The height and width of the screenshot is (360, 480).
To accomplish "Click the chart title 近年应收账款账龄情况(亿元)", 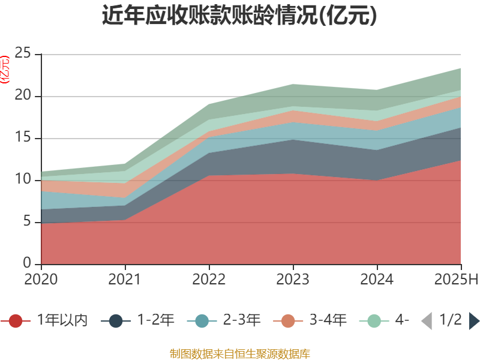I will [239, 16].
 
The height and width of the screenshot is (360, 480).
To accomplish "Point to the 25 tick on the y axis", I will [23, 54].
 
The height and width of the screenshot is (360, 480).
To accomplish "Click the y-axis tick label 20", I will [23, 96].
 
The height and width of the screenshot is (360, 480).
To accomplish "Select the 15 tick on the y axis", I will [23, 138].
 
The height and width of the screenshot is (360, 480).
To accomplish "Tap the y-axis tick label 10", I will [23, 180].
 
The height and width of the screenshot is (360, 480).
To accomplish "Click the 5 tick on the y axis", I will [28, 222].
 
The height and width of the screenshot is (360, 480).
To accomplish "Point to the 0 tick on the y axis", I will [28, 264].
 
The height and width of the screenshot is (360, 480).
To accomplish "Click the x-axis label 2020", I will [41, 280].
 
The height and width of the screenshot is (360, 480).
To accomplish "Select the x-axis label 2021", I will [125, 280].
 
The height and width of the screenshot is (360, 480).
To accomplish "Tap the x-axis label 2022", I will [209, 280].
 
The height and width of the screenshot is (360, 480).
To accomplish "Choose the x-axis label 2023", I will [293, 280].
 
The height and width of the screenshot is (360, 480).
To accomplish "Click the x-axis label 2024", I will [377, 280].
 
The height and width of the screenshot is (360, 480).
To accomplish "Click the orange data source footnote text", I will [239, 353].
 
